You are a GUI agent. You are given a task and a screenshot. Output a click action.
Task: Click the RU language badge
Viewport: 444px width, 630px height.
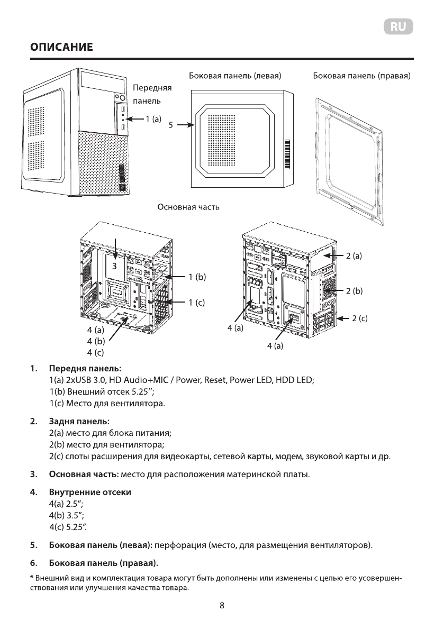398,27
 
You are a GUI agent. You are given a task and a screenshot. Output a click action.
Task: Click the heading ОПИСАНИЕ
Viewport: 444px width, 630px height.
62,48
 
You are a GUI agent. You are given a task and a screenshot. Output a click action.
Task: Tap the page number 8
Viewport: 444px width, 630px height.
222,606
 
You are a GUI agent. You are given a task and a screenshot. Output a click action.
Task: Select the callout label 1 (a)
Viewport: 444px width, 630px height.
153,120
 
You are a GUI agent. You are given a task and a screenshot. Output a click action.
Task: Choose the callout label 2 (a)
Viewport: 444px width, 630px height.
354,256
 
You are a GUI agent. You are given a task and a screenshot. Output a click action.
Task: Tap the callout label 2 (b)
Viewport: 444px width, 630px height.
354,291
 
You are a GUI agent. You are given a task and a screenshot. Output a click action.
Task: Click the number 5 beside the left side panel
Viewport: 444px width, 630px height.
170,125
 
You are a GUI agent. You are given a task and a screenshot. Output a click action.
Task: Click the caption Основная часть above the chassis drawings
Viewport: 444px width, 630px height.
188,207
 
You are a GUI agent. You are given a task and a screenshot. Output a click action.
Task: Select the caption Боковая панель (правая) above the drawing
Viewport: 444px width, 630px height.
362,76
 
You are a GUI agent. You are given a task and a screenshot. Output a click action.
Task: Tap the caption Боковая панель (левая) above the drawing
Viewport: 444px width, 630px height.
235,76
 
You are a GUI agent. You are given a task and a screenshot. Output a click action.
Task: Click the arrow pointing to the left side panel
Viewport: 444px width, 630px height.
185,125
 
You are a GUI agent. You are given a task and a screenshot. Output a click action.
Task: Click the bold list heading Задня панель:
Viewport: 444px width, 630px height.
79,422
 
